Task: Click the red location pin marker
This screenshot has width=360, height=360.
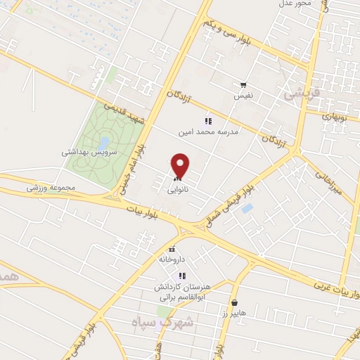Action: tap(181, 166)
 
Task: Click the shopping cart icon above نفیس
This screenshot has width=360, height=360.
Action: tap(243, 85)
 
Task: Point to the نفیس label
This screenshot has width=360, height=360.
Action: tap(243, 94)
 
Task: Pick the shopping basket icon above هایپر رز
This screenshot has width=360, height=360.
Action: tap(234, 302)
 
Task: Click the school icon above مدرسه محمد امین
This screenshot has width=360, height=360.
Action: tap(207, 122)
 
